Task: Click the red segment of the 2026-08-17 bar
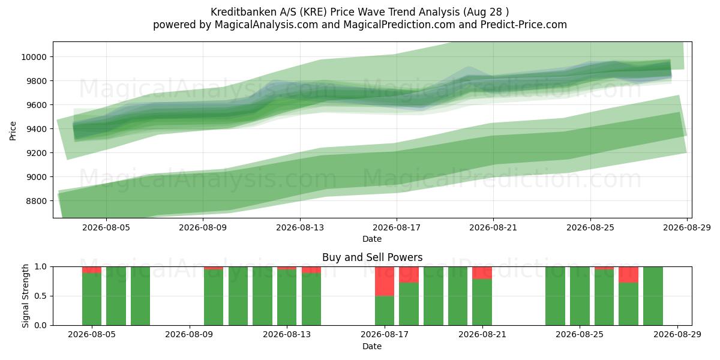tap(385, 281)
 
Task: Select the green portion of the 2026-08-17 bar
tap(385, 311)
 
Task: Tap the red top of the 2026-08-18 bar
tap(409, 275)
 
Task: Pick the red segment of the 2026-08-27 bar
tap(628, 275)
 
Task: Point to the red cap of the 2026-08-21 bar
tap(482, 273)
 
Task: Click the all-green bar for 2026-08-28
tap(653, 296)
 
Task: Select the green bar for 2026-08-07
tap(140, 296)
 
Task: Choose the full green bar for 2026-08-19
tap(433, 296)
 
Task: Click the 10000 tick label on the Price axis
tap(34, 57)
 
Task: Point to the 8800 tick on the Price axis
tap(36, 201)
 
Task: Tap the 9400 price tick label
tap(36, 129)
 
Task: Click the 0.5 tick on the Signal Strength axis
tap(40, 296)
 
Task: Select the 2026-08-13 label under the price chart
tap(300, 227)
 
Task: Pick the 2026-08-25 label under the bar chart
tap(580, 335)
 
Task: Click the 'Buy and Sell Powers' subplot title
tap(372, 257)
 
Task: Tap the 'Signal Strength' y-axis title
tap(25, 296)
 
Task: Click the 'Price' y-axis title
tap(13, 131)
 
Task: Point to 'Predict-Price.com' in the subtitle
tap(524, 25)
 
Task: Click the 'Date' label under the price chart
tap(372, 239)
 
